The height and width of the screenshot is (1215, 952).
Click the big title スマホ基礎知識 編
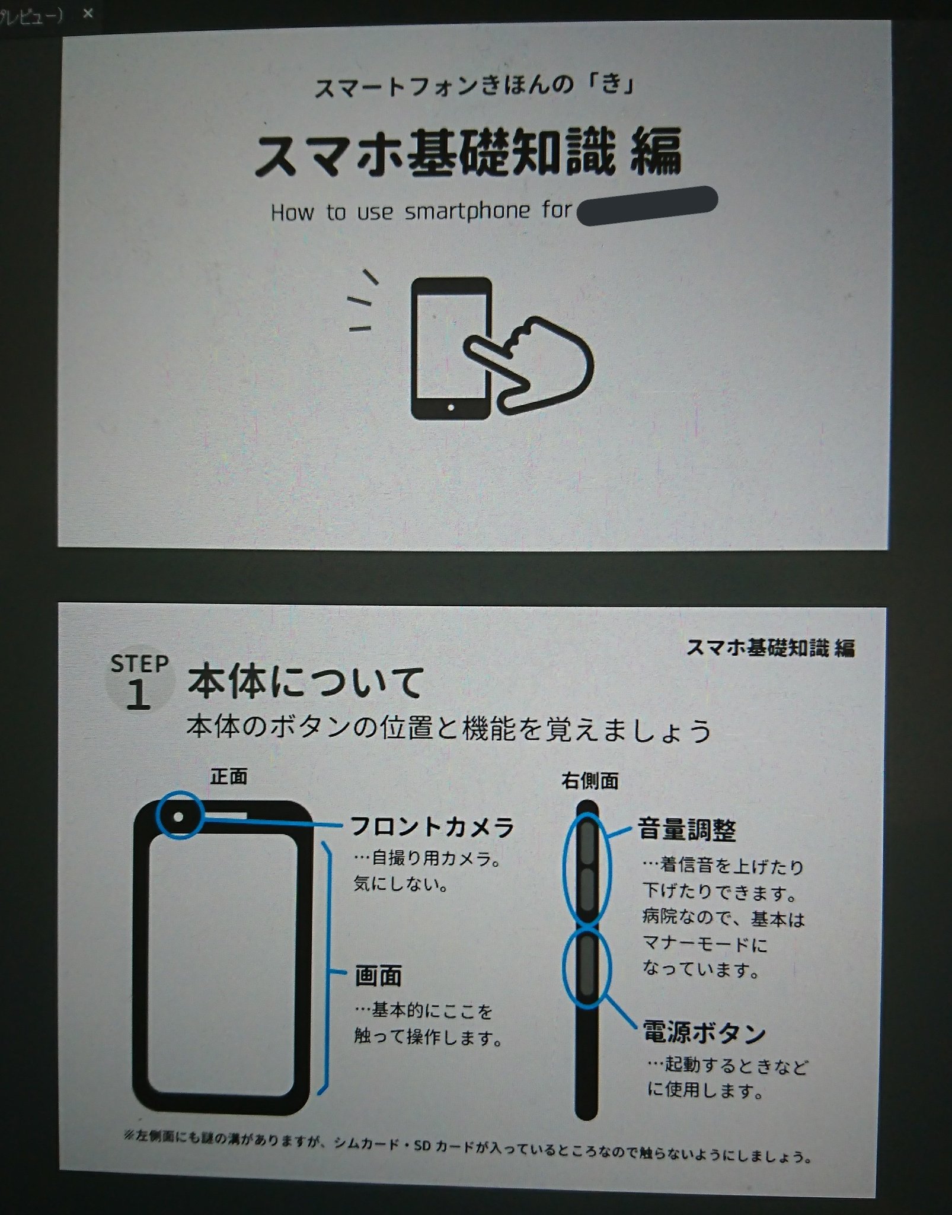[x=468, y=152]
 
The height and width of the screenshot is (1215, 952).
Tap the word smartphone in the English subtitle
[x=467, y=212]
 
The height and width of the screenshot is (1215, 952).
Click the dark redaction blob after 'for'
[x=647, y=205]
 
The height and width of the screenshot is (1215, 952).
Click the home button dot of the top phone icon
[x=451, y=408]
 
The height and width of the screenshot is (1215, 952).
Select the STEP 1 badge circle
[x=139, y=682]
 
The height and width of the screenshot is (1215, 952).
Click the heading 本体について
[x=305, y=682]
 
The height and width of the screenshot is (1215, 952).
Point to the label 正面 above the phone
[x=228, y=777]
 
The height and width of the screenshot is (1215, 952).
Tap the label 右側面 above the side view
[x=589, y=781]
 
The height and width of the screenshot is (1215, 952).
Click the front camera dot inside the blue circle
[x=179, y=817]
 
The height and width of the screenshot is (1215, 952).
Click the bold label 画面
[x=378, y=975]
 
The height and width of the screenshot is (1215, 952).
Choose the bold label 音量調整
[x=686, y=830]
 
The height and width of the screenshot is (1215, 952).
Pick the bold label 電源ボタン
[x=704, y=1032]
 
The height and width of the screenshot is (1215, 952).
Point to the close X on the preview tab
[x=88, y=13]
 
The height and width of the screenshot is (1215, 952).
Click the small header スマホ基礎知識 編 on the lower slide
[x=770, y=648]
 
